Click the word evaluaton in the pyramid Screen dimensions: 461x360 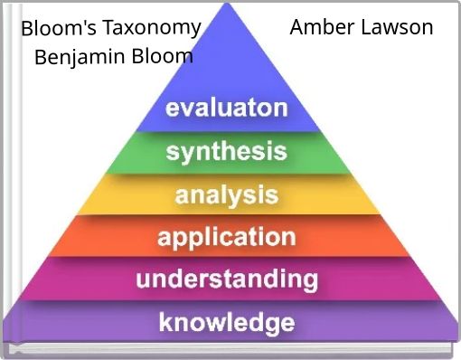coord(226,109)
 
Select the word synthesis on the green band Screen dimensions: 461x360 coord(226,151)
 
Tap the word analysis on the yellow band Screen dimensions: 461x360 coord(226,194)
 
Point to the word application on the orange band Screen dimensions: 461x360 coord(226,237)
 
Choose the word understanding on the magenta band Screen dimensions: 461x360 coord(226,279)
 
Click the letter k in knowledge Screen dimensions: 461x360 coord(165,321)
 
